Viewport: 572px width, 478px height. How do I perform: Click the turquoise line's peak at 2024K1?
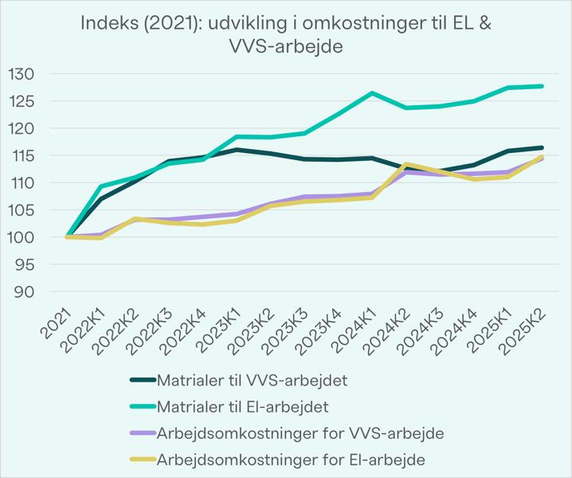tap(372, 93)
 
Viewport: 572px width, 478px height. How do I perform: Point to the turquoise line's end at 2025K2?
tap(543, 86)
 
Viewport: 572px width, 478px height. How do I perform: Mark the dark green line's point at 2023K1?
tap(236, 149)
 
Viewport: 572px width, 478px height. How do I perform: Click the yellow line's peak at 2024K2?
tap(406, 164)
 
